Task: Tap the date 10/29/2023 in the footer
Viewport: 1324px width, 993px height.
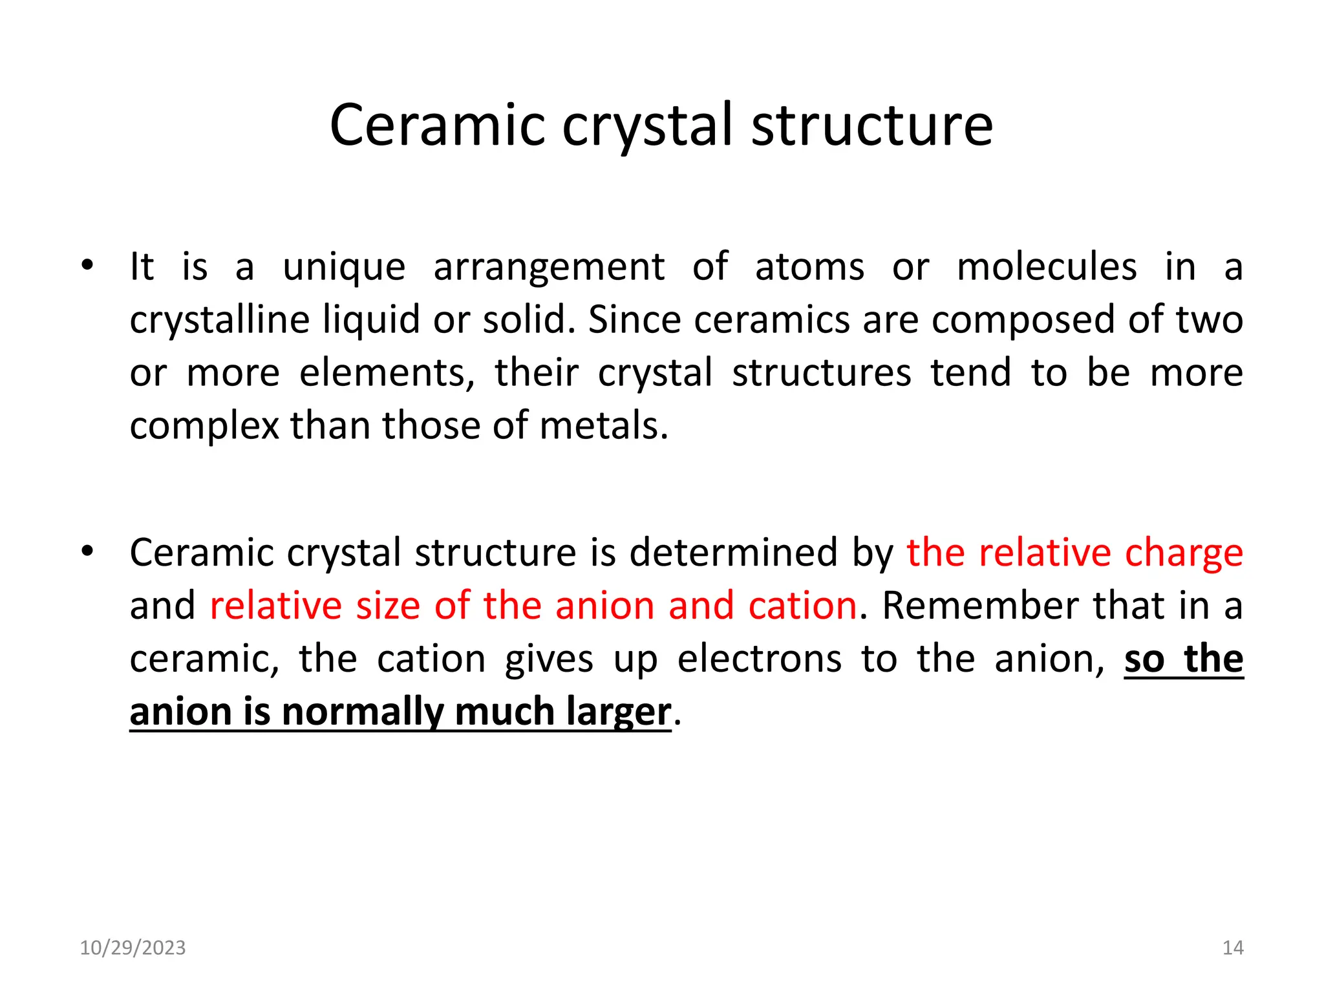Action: pyautogui.click(x=133, y=948)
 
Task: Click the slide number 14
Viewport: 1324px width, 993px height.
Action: pyautogui.click(x=1233, y=948)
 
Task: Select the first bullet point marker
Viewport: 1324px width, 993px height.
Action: pyautogui.click(x=87, y=265)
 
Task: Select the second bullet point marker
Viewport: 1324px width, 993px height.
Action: pyautogui.click(x=87, y=551)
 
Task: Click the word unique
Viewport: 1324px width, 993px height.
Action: pyautogui.click(x=344, y=268)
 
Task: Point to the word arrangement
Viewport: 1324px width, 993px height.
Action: pyautogui.click(x=549, y=268)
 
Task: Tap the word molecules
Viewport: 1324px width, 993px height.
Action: pyautogui.click(x=1047, y=266)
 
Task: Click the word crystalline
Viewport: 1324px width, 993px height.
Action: pyautogui.click(x=219, y=321)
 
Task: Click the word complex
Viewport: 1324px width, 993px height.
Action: pyautogui.click(x=204, y=427)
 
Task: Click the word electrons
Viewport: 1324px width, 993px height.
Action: pyautogui.click(x=760, y=659)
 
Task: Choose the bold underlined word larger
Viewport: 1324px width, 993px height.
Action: pyautogui.click(x=619, y=713)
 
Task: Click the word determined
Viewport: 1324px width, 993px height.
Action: pyautogui.click(x=733, y=553)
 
